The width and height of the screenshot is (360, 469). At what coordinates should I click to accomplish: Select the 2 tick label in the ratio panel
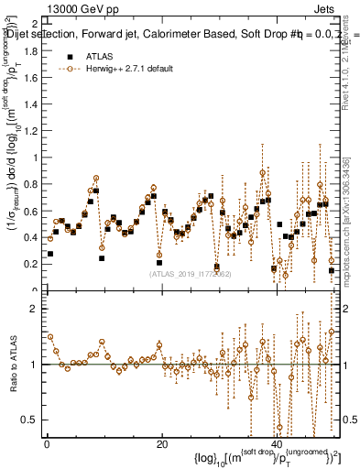[x=36, y=309]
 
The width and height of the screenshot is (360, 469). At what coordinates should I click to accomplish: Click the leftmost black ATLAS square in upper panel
[x=50, y=254]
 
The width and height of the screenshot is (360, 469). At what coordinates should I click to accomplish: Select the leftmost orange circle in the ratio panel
[x=50, y=336]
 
